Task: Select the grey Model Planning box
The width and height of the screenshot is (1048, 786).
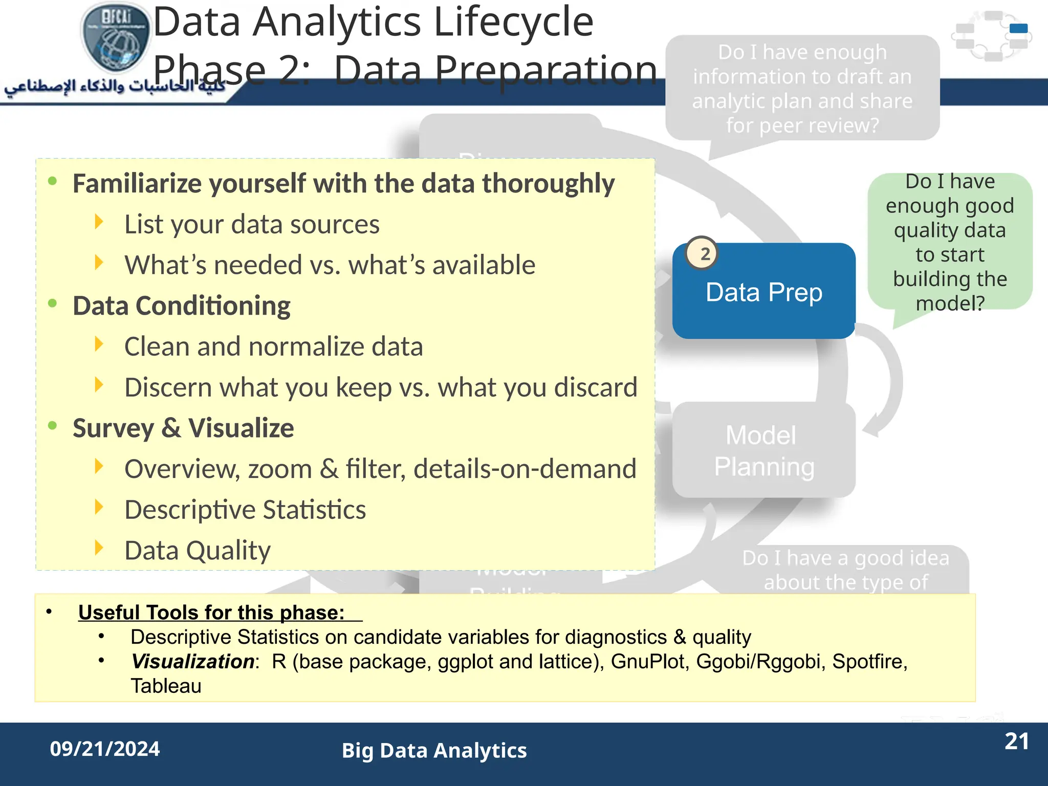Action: click(763, 450)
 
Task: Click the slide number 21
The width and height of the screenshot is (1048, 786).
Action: click(1016, 741)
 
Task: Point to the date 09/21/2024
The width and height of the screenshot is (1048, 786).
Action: click(105, 749)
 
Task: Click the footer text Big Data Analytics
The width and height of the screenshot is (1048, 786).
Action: click(434, 751)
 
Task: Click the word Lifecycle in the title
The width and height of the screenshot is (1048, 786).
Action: click(513, 23)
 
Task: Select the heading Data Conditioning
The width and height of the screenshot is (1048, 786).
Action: click(182, 306)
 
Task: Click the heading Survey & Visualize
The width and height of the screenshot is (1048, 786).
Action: click(183, 428)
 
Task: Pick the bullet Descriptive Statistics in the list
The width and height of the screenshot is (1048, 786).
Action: click(245, 510)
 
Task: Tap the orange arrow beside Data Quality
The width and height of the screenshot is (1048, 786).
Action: click(99, 548)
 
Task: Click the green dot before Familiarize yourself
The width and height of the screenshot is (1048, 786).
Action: click(52, 181)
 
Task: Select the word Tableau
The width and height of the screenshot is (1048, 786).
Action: click(166, 686)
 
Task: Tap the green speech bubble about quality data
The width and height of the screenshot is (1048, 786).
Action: click(950, 242)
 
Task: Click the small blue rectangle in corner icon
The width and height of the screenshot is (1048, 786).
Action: click(1018, 28)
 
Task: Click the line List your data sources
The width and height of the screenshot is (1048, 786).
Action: click(252, 225)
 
